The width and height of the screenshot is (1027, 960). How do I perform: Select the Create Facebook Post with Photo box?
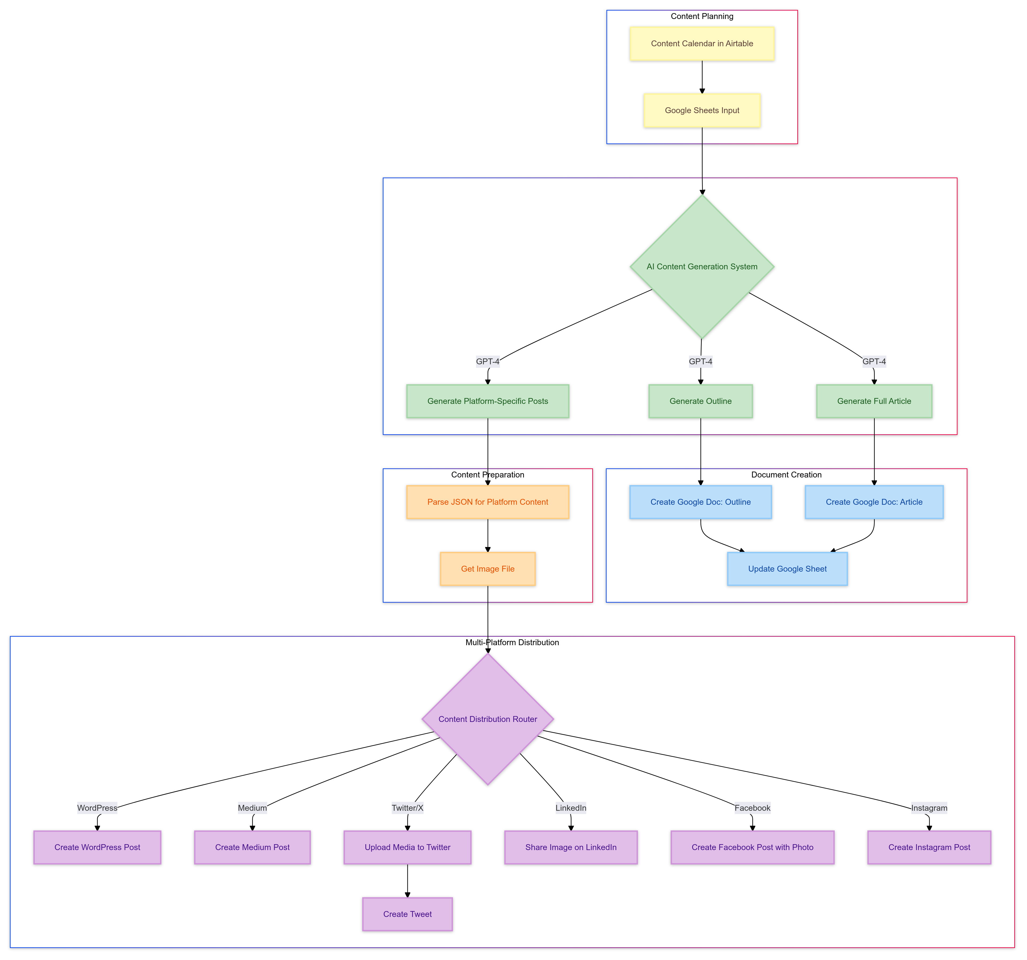[x=752, y=847]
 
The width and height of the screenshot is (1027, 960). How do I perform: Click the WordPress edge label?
[x=97, y=808]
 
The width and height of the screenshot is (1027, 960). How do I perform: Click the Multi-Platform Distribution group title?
[x=512, y=642]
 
